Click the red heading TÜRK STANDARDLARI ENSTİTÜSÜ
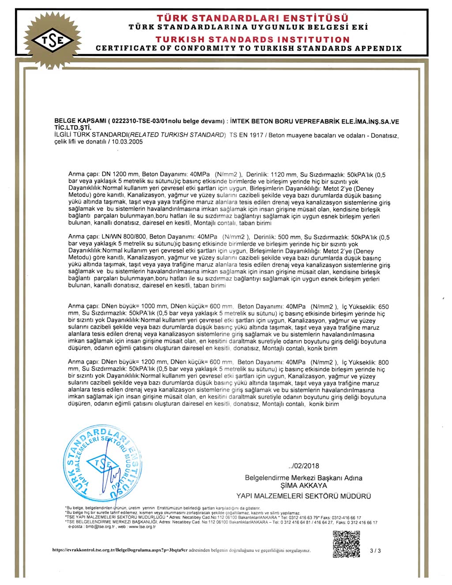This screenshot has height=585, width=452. tap(252, 18)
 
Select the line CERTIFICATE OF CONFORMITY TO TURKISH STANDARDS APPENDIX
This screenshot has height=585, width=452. tap(249, 49)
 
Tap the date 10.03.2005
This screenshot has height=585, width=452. tap(128, 142)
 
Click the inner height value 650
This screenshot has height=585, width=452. tap(384, 307)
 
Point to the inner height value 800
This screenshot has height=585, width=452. tap(384, 362)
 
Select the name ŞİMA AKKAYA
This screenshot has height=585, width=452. tap(304, 486)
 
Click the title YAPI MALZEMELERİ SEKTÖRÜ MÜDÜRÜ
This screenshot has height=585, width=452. tap(303, 496)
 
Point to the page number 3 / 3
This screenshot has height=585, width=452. tap(376, 551)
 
